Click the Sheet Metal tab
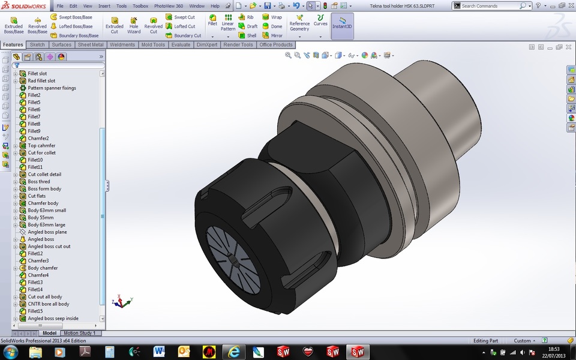point(90,45)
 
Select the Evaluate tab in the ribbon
point(181,45)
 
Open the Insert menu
point(104,6)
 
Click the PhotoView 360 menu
point(168,6)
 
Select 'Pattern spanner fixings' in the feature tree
point(52,88)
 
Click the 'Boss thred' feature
point(39,182)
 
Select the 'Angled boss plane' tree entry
point(47,232)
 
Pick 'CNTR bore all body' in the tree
point(48,304)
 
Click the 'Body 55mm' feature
point(40,218)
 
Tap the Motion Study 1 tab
point(79,333)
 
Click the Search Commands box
point(489,6)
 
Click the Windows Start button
point(10,352)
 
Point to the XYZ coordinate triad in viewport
point(123,301)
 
